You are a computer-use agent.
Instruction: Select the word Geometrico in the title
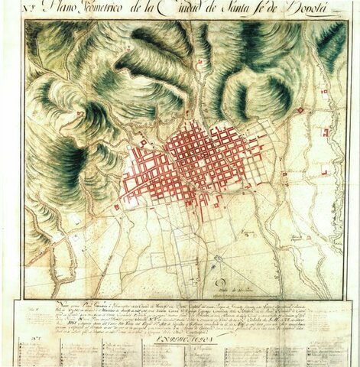[122, 10]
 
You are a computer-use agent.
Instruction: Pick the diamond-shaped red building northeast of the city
[300, 110]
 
